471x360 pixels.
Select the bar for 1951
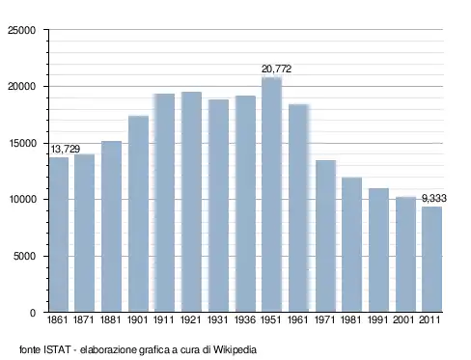click(271, 195)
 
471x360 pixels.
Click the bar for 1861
click(59, 235)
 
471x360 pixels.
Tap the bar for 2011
click(431, 260)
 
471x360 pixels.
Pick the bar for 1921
click(191, 202)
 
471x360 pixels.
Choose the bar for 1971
click(325, 236)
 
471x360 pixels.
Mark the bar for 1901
click(138, 214)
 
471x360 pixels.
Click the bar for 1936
click(245, 204)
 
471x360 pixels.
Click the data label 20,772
click(276, 69)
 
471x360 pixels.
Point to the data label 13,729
click(66, 149)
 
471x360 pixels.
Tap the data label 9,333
click(434, 199)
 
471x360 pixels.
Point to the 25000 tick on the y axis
click(22, 30)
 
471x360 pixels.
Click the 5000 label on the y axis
click(24, 256)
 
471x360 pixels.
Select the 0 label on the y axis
click(33, 313)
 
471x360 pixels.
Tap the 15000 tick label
click(22, 143)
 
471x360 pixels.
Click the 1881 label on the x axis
click(110, 319)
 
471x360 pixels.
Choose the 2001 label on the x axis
click(403, 319)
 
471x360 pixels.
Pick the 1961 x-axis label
click(297, 319)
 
